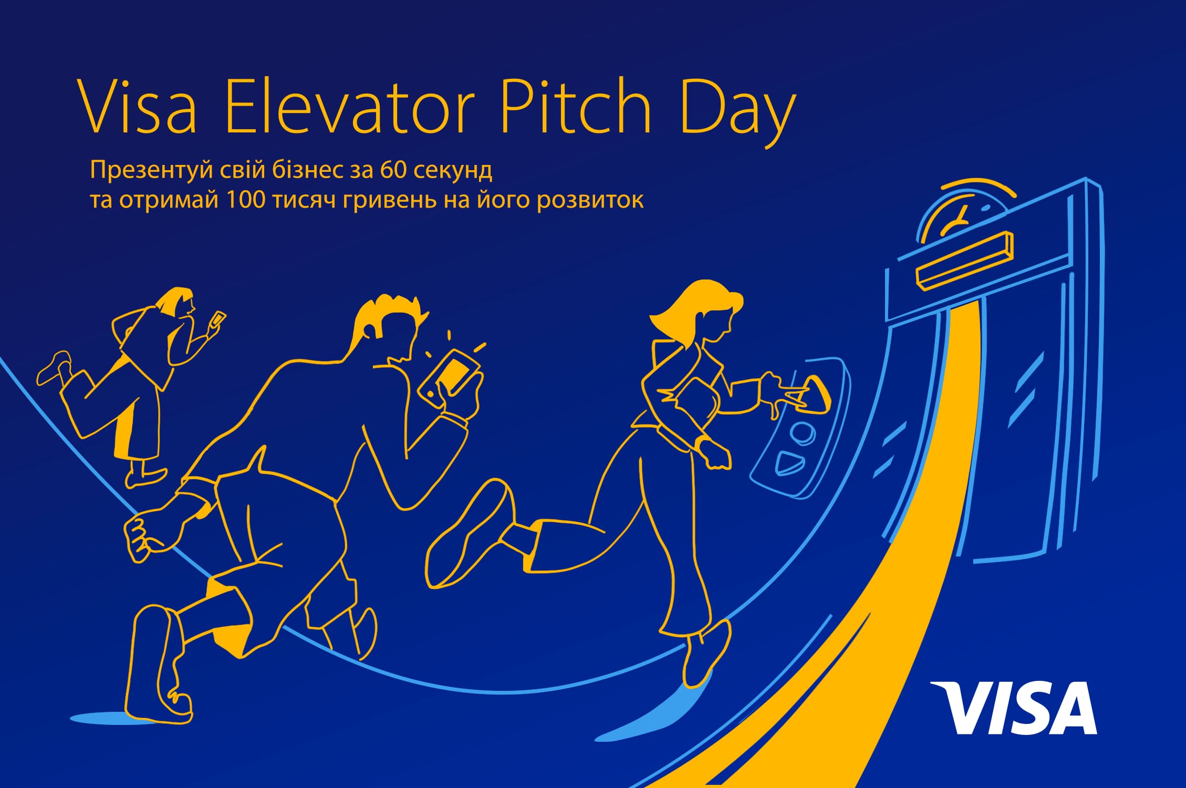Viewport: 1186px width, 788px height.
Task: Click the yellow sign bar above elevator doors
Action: [964, 260]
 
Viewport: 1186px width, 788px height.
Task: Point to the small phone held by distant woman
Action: [216, 319]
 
